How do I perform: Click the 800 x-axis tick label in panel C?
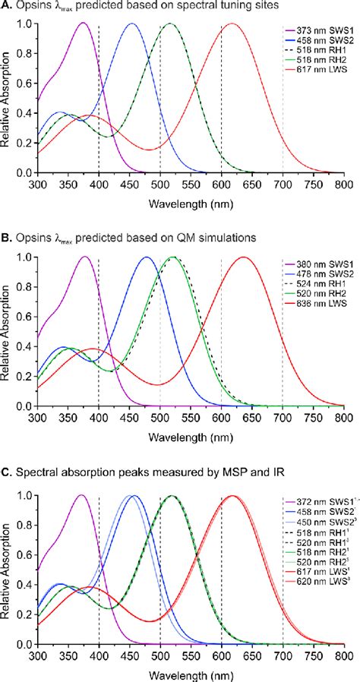point(344,654)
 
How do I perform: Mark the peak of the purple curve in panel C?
point(81,496)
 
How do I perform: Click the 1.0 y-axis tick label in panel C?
point(24,496)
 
